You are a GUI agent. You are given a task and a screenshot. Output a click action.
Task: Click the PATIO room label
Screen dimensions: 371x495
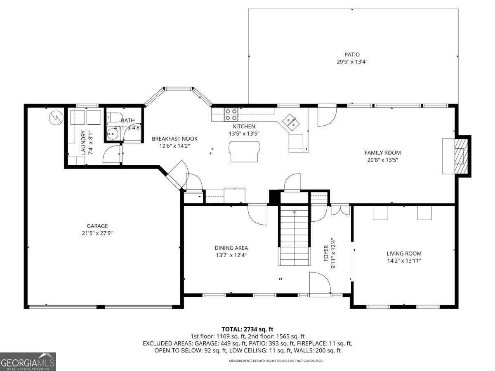(x=352, y=54)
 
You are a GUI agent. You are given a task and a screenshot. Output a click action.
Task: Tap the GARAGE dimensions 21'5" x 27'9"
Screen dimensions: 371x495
(x=97, y=233)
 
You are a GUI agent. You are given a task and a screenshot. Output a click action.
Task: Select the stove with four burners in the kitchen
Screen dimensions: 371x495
(x=231, y=114)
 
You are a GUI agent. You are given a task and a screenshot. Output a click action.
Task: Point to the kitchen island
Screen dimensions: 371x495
(x=245, y=151)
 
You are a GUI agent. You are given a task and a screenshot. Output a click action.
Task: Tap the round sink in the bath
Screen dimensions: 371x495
(x=111, y=133)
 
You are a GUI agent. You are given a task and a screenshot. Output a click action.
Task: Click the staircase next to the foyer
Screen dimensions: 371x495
(x=294, y=237)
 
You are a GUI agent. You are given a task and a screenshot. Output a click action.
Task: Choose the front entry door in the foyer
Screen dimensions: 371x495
(x=320, y=284)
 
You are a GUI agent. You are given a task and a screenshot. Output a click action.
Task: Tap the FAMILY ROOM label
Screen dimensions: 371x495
(x=382, y=153)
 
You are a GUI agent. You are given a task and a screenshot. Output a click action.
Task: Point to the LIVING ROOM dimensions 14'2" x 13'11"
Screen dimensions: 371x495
(x=404, y=261)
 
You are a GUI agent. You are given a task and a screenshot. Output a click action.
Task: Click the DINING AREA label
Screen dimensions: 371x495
(x=231, y=248)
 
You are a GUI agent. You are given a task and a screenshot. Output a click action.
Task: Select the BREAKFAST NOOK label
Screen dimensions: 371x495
(x=174, y=139)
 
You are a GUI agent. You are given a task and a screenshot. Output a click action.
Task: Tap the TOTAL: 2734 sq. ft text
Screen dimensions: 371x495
(x=247, y=329)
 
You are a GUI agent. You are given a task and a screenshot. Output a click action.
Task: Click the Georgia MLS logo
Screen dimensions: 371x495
(x=28, y=362)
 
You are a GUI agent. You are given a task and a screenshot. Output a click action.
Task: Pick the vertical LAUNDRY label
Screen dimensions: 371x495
(x=83, y=142)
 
